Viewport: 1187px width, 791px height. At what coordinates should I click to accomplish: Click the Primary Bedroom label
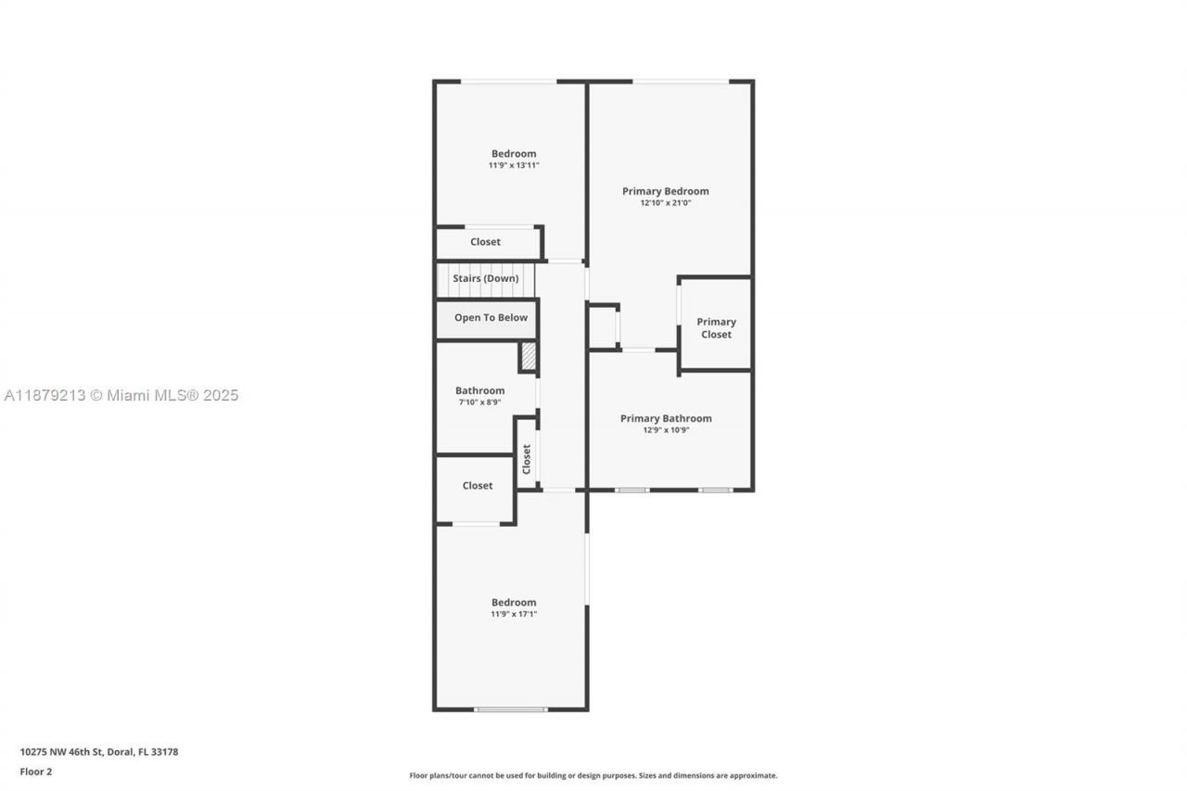tap(665, 191)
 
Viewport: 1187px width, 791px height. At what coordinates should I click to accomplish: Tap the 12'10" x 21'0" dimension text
tap(665, 203)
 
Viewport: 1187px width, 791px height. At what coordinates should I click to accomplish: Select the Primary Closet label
tap(716, 328)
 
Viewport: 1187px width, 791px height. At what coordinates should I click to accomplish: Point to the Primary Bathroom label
tap(666, 418)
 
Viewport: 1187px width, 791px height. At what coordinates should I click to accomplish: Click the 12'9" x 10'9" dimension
tap(666, 430)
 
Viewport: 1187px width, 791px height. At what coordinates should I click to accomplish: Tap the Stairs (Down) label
tap(486, 278)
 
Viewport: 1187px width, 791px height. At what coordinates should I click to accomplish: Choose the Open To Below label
tap(491, 317)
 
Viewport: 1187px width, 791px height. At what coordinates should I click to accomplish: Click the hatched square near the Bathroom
tap(528, 357)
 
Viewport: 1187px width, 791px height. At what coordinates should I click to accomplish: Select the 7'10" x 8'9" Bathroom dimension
tap(479, 402)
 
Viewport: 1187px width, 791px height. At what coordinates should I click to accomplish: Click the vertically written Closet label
tap(527, 458)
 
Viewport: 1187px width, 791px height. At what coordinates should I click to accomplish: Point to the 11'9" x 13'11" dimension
tap(514, 166)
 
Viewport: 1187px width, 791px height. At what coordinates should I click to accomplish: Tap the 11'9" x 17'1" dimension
tap(514, 614)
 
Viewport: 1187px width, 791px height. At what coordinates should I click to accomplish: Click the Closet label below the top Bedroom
tap(485, 242)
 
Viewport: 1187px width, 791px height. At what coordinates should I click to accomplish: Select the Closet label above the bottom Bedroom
tap(478, 485)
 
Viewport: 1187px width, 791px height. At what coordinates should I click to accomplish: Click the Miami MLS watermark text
tap(121, 395)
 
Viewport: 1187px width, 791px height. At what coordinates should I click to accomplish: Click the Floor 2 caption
tap(36, 771)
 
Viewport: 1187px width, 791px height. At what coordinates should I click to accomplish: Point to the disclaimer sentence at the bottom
tap(593, 775)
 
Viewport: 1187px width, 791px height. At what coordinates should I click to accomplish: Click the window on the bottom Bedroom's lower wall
tap(511, 709)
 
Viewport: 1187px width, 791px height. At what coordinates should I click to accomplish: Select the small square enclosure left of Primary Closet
tap(602, 326)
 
